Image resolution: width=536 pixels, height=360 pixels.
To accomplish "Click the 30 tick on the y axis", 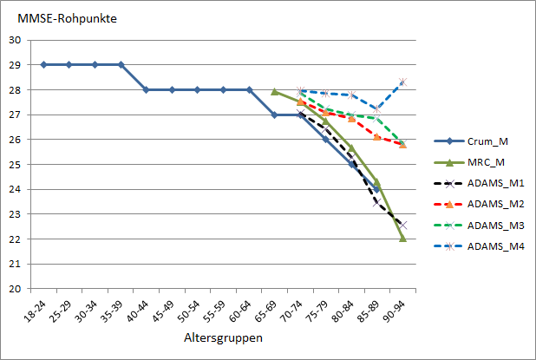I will [15, 40].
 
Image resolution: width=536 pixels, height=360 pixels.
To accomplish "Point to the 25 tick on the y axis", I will [15, 164].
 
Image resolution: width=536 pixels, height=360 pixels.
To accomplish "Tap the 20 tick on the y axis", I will [15, 289].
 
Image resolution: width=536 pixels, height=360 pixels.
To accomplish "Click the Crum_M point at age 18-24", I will [43, 64].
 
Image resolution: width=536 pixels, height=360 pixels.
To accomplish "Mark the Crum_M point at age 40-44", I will [146, 89].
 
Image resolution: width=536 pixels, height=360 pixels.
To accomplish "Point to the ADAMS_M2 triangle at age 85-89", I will [377, 136].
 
